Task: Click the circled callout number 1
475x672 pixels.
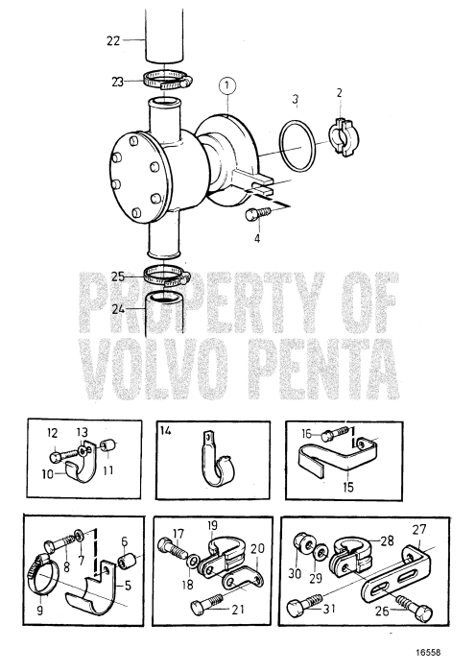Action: coord(226,84)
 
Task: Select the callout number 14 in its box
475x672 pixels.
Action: coord(167,434)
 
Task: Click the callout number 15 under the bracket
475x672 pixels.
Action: coord(347,488)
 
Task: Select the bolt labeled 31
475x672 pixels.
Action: coord(299,607)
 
